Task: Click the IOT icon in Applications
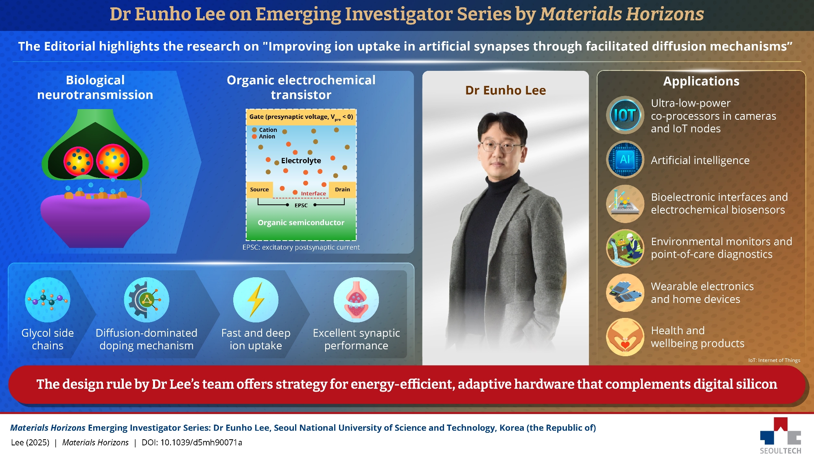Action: [625, 115]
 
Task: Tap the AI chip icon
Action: [625, 160]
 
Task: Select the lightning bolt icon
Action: [256, 300]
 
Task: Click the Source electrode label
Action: [259, 190]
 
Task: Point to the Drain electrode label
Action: [342, 190]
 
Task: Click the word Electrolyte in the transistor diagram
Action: [301, 161]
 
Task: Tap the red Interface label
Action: [313, 194]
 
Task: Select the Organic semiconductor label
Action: [301, 223]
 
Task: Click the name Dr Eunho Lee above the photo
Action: [505, 90]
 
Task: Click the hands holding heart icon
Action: [625, 337]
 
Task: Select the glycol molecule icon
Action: [48, 300]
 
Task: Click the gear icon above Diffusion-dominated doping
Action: [146, 300]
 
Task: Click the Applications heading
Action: [701, 81]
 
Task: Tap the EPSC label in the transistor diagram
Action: [301, 206]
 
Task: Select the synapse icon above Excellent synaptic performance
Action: [356, 300]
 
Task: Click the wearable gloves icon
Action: [625, 293]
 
